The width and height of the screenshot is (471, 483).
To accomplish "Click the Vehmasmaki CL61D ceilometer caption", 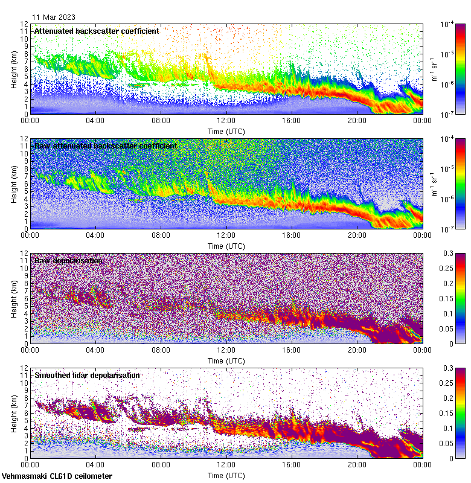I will point(57,476).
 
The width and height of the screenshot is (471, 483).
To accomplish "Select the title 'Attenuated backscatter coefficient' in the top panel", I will point(97,31).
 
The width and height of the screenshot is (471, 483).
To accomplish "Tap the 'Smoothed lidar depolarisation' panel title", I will point(87,375).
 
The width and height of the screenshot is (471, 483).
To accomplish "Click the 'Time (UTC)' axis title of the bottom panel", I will point(226,475).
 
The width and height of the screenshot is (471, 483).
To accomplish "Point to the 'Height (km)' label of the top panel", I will point(14,68).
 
